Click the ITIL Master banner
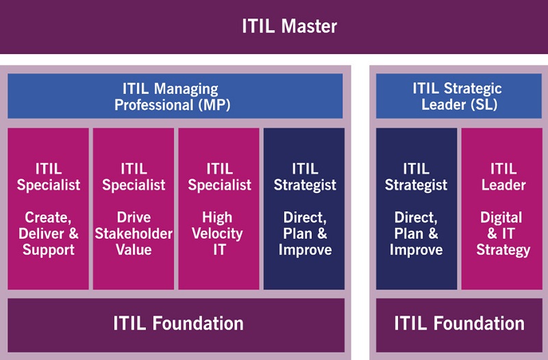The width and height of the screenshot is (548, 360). pos(274,27)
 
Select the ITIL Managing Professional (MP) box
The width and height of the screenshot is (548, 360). pos(175,96)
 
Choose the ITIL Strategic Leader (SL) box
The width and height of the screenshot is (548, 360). pos(458,96)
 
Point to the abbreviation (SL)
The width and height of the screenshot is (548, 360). pos(484,105)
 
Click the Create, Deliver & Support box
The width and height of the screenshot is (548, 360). pos(48,209)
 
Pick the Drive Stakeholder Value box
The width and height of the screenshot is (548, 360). pos(134,209)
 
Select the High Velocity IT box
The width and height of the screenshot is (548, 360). pos(219,209)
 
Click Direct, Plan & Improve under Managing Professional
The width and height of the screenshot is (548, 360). pos(304,209)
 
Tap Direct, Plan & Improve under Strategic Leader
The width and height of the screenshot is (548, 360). pos(416,209)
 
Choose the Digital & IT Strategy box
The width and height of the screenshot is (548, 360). pos(501,209)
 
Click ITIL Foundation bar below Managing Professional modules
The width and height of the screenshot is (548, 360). pos(176,325)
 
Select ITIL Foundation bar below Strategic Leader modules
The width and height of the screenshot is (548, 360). pos(459,325)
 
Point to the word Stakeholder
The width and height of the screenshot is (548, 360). pos(134,233)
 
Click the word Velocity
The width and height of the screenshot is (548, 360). pos(217,233)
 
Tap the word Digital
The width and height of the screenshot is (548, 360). pos(501,218)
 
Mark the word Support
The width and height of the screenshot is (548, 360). pos(49,250)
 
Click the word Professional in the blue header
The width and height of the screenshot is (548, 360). pos(153,105)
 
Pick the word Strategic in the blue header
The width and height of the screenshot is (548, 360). pos(473,89)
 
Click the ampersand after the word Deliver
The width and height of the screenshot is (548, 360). pos(74,233)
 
